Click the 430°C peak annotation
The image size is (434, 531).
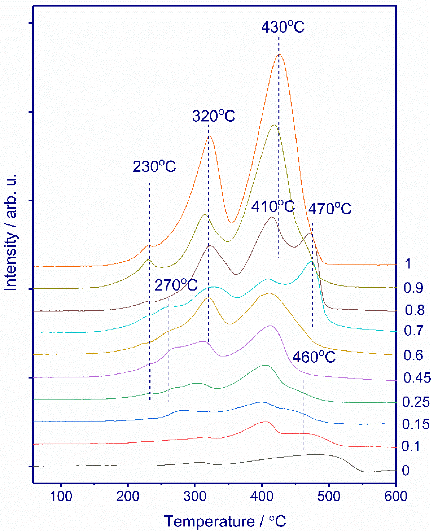point(283,27)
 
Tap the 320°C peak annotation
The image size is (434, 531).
point(214,116)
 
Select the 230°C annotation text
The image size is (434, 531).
point(154,166)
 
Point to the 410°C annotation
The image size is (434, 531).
point(273,207)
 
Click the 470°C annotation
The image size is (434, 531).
point(329,209)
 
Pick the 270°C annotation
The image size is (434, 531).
point(176,285)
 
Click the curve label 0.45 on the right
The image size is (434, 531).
point(417,378)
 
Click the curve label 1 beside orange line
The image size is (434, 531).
point(408,264)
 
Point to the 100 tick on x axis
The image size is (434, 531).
point(61,496)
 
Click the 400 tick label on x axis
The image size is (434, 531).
point(262,496)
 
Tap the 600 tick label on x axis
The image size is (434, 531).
point(396,496)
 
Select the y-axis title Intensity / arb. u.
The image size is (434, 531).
point(11,232)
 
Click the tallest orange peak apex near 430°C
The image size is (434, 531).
point(280,54)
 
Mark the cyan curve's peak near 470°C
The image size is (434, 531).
point(311,262)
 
